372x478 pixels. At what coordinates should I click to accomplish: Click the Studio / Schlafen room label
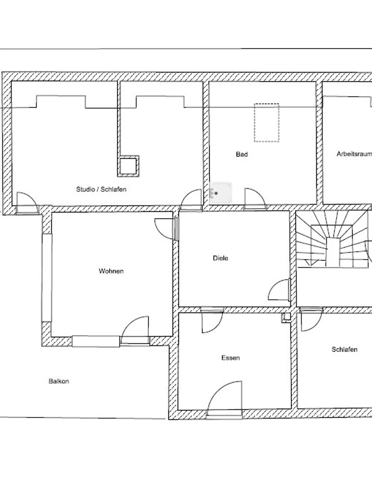101,189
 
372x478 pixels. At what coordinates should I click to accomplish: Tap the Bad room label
242,154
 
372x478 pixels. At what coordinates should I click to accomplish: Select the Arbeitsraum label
354,154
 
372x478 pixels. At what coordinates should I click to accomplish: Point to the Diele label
221,258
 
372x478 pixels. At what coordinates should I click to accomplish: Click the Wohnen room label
111,271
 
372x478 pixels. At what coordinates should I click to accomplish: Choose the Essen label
231,358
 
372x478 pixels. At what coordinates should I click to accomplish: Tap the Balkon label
59,381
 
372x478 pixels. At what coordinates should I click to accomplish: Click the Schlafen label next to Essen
344,349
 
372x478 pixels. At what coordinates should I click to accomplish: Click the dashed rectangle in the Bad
267,123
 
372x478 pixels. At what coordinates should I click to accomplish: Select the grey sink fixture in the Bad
221,193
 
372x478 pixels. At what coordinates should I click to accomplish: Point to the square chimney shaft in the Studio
128,166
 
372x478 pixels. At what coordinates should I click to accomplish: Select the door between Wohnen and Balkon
135,331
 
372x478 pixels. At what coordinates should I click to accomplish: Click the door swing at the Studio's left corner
27,203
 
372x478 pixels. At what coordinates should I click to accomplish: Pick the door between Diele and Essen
212,320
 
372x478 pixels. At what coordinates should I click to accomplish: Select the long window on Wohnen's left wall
47,278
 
